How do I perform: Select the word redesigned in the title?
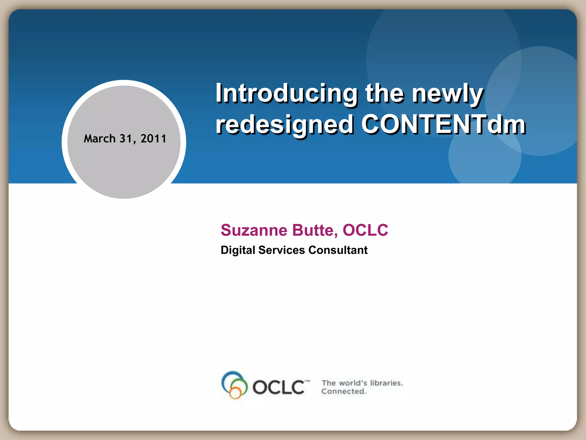[x=284, y=125]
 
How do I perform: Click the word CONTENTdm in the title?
[x=443, y=124]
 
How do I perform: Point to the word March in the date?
[x=100, y=139]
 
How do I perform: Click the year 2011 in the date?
[x=153, y=139]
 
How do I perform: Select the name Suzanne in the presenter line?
[x=254, y=230]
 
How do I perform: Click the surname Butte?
[x=315, y=230]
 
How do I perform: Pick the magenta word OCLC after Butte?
[x=365, y=230]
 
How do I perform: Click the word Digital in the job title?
[x=238, y=250]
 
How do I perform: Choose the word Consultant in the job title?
[x=338, y=250]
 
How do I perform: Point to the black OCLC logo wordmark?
[x=278, y=387]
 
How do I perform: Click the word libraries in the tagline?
[x=386, y=383]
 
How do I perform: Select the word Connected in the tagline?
[x=344, y=391]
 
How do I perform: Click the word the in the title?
[x=385, y=93]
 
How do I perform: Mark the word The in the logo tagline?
[x=328, y=383]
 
